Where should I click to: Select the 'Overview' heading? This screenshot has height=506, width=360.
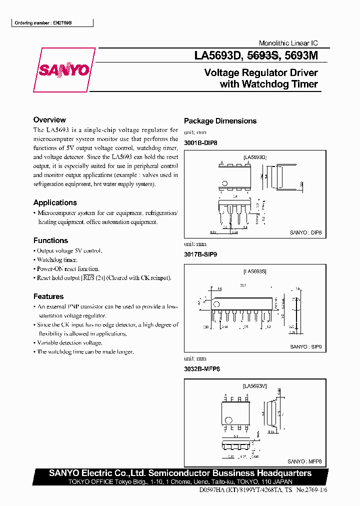tap(49, 120)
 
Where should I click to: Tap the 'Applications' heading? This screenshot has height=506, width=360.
tap(55, 202)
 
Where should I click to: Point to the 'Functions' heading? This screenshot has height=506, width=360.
tap(50, 240)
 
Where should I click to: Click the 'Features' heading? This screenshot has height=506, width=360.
tap(48, 296)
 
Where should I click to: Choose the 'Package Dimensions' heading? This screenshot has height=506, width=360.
tap(220, 121)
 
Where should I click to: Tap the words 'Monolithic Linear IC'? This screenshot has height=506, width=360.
tap(288, 43)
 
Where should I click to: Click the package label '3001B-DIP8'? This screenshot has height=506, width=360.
tap(200, 143)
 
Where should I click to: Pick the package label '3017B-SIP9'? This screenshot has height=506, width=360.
tap(200, 254)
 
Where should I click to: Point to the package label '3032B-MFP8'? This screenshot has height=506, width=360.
tap(201, 369)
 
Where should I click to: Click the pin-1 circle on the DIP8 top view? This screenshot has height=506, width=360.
tap(225, 183)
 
